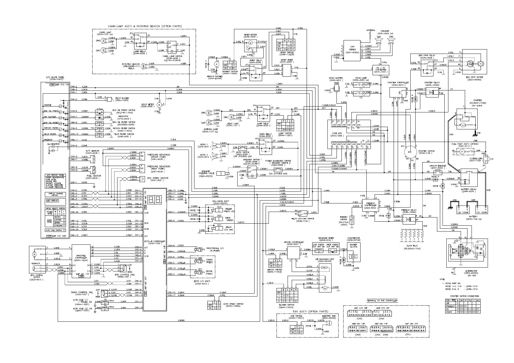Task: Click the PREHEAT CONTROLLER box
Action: click(x=370, y=205)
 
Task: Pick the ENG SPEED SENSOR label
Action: click(x=158, y=178)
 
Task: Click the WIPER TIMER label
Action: click(x=287, y=60)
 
